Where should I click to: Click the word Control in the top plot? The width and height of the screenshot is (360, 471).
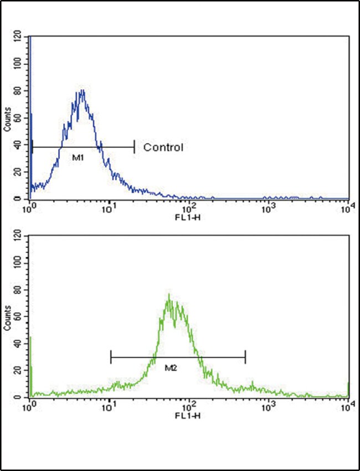[163, 147]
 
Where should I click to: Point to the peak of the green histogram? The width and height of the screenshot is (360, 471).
[169, 295]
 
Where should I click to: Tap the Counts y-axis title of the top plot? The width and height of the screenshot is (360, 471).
[7, 118]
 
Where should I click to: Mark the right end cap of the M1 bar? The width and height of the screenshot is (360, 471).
[134, 147]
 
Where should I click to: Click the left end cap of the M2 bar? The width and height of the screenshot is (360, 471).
[111, 357]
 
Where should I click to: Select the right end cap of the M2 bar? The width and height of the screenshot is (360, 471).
[245, 357]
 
